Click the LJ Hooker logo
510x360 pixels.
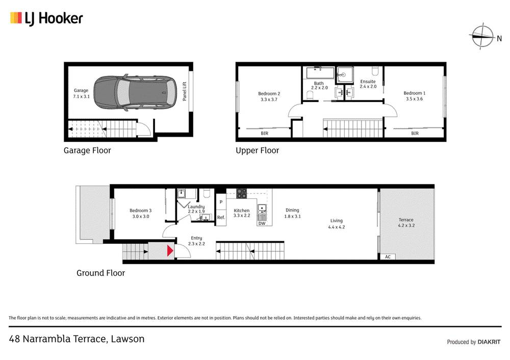[x=46, y=19]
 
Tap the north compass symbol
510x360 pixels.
[x=482, y=36]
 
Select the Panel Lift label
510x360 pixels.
[x=185, y=92]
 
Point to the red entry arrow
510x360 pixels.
[x=169, y=251]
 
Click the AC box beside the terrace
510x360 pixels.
[x=388, y=256]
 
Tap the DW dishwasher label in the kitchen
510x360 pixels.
[x=262, y=223]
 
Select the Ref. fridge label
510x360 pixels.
[x=221, y=217]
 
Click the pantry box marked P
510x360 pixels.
[x=221, y=202]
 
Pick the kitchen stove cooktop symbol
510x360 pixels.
[x=242, y=194]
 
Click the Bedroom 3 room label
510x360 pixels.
[x=140, y=213]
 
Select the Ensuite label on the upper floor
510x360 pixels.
[x=368, y=84]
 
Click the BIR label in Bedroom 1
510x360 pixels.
[x=415, y=134]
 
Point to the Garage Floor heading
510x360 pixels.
[x=87, y=150]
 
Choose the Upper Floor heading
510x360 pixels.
[x=257, y=150]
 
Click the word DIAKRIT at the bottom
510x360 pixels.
[x=490, y=342]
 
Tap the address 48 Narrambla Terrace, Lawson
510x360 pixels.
[x=77, y=339]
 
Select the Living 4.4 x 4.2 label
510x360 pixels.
[x=336, y=224]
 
